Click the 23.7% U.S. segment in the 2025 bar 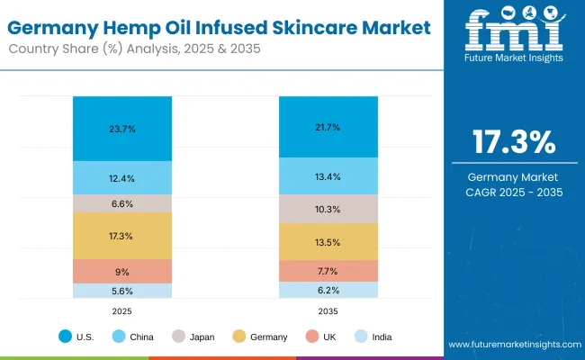click(x=122, y=129)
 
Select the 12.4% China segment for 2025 click(x=122, y=177)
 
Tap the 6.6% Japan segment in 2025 click(x=122, y=203)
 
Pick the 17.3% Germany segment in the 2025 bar click(x=122, y=236)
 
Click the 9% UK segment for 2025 click(x=122, y=271)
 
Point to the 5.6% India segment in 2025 click(x=122, y=291)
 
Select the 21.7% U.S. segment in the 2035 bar click(x=328, y=127)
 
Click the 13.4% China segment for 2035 click(x=328, y=176)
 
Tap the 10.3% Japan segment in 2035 click(x=328, y=209)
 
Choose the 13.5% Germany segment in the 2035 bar click(x=328, y=241)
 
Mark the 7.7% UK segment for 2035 click(x=328, y=270)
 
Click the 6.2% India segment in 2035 click(x=328, y=290)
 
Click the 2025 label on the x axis click(x=122, y=311)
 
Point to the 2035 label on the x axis click(x=328, y=311)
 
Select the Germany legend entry click(x=262, y=337)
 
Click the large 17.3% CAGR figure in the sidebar click(x=514, y=141)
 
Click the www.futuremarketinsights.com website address click(x=513, y=345)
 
